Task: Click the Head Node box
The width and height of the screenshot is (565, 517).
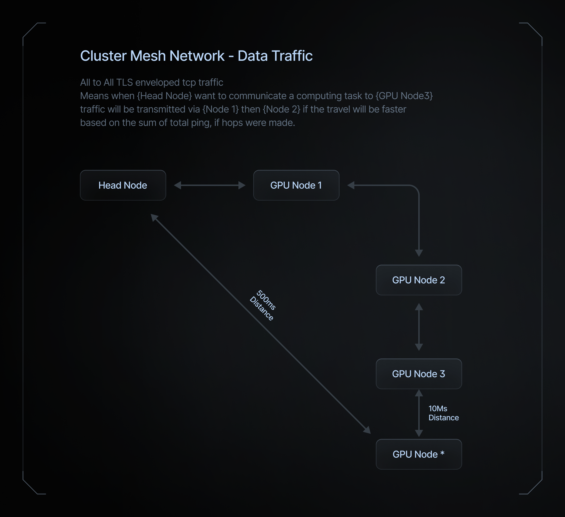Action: [123, 185]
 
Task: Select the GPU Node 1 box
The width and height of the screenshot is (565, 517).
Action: [296, 185]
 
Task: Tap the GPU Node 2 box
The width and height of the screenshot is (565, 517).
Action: [419, 280]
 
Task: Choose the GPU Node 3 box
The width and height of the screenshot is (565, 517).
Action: [419, 374]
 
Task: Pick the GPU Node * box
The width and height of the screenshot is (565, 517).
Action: [419, 454]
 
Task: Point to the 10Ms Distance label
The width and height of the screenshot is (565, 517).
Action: [444, 413]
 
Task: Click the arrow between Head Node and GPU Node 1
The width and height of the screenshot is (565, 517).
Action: [210, 185]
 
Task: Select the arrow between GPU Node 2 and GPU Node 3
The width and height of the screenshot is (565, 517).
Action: [419, 327]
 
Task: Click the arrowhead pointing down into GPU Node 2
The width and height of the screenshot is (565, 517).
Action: [419, 253]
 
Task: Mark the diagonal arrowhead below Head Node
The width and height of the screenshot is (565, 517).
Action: [154, 217]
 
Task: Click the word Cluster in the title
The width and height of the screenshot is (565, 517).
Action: [103, 56]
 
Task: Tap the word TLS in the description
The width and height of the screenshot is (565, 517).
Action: [124, 82]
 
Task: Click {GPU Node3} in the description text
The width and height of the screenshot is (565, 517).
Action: [404, 96]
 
